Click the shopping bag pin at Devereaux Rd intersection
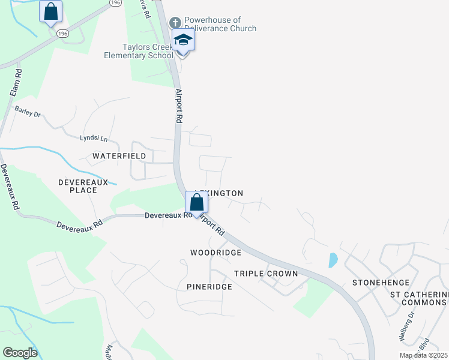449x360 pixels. (x=196, y=203)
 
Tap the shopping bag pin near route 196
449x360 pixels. (x=51, y=11)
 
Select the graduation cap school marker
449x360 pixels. (x=184, y=41)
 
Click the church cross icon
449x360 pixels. (x=175, y=23)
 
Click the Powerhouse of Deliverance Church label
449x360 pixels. (x=220, y=24)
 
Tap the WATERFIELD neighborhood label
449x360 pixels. (x=119, y=155)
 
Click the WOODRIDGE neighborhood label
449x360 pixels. (x=215, y=253)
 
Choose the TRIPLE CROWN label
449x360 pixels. (x=266, y=274)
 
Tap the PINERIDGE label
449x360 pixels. (x=209, y=287)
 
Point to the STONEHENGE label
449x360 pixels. (x=381, y=282)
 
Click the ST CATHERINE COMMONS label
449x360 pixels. (x=418, y=298)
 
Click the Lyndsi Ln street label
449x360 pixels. (x=94, y=139)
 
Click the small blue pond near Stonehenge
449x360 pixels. (x=333, y=260)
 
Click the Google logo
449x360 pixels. (x=20, y=353)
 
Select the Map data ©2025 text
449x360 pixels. (x=424, y=355)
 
